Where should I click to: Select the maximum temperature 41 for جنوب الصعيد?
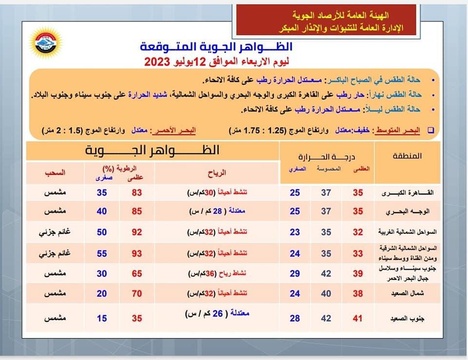pos(358,318)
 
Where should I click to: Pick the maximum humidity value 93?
pos(136,254)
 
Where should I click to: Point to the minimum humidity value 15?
pos(102,318)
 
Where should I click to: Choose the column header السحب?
pos(55,173)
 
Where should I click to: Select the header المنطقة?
pos(407,156)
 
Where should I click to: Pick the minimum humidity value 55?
pos(102,254)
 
